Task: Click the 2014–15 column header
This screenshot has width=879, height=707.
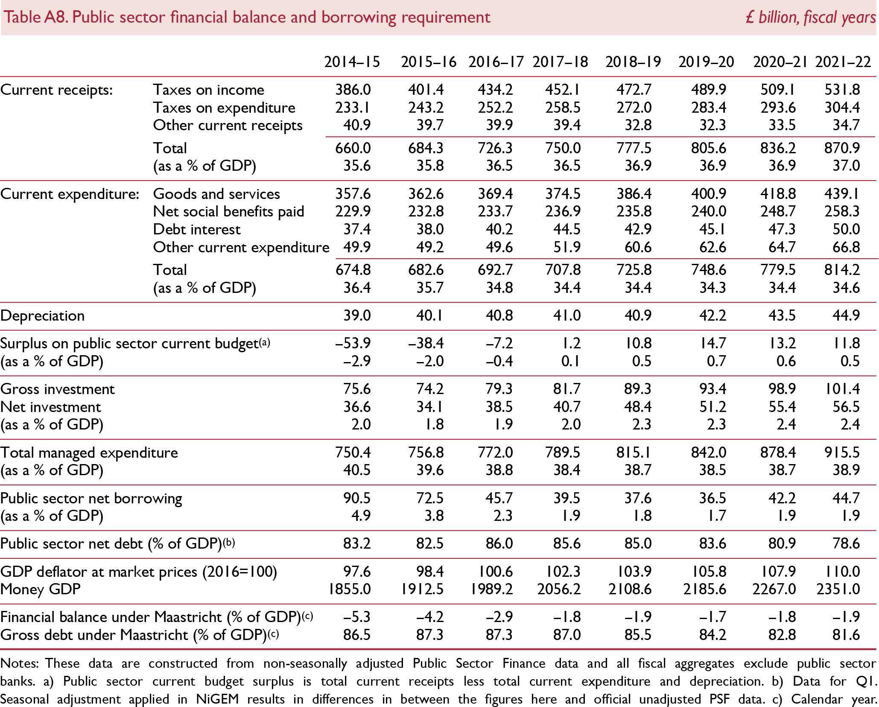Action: pyautogui.click(x=352, y=62)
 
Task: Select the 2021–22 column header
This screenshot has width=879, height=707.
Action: pyautogui.click(x=843, y=62)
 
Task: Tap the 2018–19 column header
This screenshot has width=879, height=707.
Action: pyautogui.click(x=633, y=62)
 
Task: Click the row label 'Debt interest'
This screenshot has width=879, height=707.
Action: pyautogui.click(x=197, y=229)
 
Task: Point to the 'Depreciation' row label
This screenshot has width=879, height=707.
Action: pyautogui.click(x=43, y=316)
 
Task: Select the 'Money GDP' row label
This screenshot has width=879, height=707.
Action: pyautogui.click(x=41, y=589)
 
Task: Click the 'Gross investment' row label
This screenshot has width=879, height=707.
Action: pyautogui.click(x=58, y=389)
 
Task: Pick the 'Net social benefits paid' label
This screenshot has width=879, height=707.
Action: pyautogui.click(x=228, y=211)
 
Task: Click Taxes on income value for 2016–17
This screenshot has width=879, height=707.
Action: pyautogui.click(x=495, y=90)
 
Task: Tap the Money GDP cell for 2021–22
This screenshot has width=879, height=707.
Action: pyautogui.click(x=838, y=589)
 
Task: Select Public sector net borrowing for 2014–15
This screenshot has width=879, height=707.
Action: pyautogui.click(x=357, y=498)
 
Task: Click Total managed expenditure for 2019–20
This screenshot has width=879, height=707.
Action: pyautogui.click(x=709, y=453)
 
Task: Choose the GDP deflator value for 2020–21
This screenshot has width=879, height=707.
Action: pyautogui.click(x=778, y=572)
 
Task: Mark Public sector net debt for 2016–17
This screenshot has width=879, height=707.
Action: pyautogui.click(x=499, y=543)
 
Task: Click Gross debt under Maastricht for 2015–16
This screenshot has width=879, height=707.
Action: pyautogui.click(x=430, y=635)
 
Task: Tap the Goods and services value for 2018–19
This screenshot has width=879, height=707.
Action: pyautogui.click(x=634, y=194)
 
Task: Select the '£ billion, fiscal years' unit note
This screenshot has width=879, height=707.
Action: pyautogui.click(x=810, y=18)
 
